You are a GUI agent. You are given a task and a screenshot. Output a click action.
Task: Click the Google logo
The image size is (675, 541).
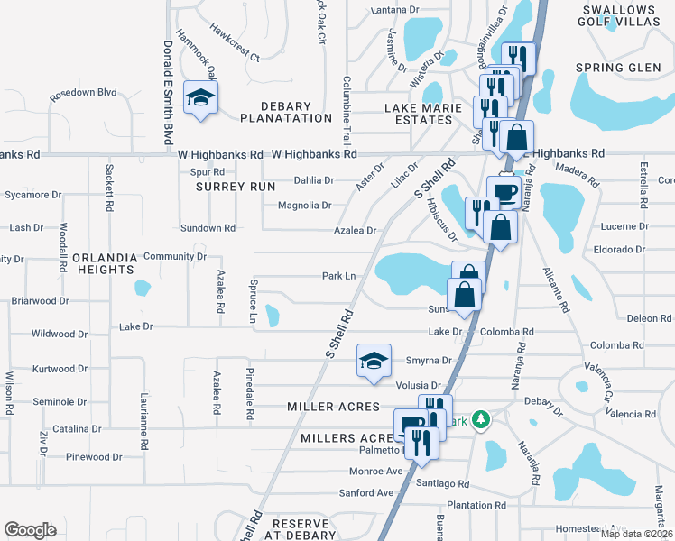(x=31, y=530)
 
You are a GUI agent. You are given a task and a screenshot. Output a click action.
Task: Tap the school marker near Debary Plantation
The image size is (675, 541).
(x=200, y=99)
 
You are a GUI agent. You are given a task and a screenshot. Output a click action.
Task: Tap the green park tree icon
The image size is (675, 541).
(x=482, y=419)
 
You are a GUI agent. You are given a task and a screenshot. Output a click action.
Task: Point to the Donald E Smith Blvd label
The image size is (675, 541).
(x=168, y=91)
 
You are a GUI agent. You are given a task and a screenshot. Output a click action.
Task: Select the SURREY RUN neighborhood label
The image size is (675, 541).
(x=235, y=187)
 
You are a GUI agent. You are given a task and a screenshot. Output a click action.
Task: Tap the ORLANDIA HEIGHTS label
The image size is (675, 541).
(x=105, y=264)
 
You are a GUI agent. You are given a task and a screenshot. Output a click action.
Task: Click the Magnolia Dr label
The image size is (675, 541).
(x=304, y=206)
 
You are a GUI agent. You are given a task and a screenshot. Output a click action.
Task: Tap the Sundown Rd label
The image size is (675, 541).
(x=208, y=228)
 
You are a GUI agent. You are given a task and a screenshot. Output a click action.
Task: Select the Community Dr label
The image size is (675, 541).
(x=175, y=257)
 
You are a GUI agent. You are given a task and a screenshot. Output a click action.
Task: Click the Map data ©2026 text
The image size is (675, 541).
(x=636, y=534)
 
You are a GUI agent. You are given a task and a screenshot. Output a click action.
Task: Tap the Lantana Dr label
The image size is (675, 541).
(x=396, y=10)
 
